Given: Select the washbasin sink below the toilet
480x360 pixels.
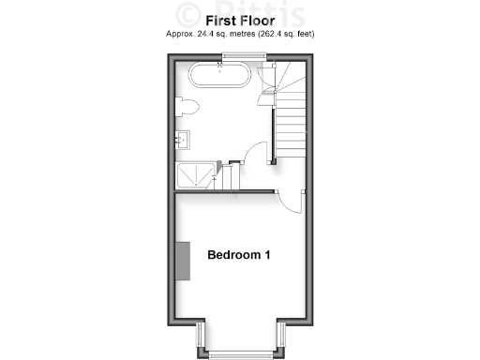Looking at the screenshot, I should click(x=183, y=140).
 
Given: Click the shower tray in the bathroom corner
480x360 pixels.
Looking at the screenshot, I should click(x=197, y=173).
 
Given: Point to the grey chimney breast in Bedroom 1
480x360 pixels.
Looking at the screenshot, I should click(x=184, y=259).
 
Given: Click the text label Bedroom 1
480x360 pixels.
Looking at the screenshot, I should click(x=239, y=255).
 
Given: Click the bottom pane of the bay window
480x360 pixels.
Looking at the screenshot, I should click(x=239, y=353).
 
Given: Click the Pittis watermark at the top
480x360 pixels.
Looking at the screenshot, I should click(x=239, y=13).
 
